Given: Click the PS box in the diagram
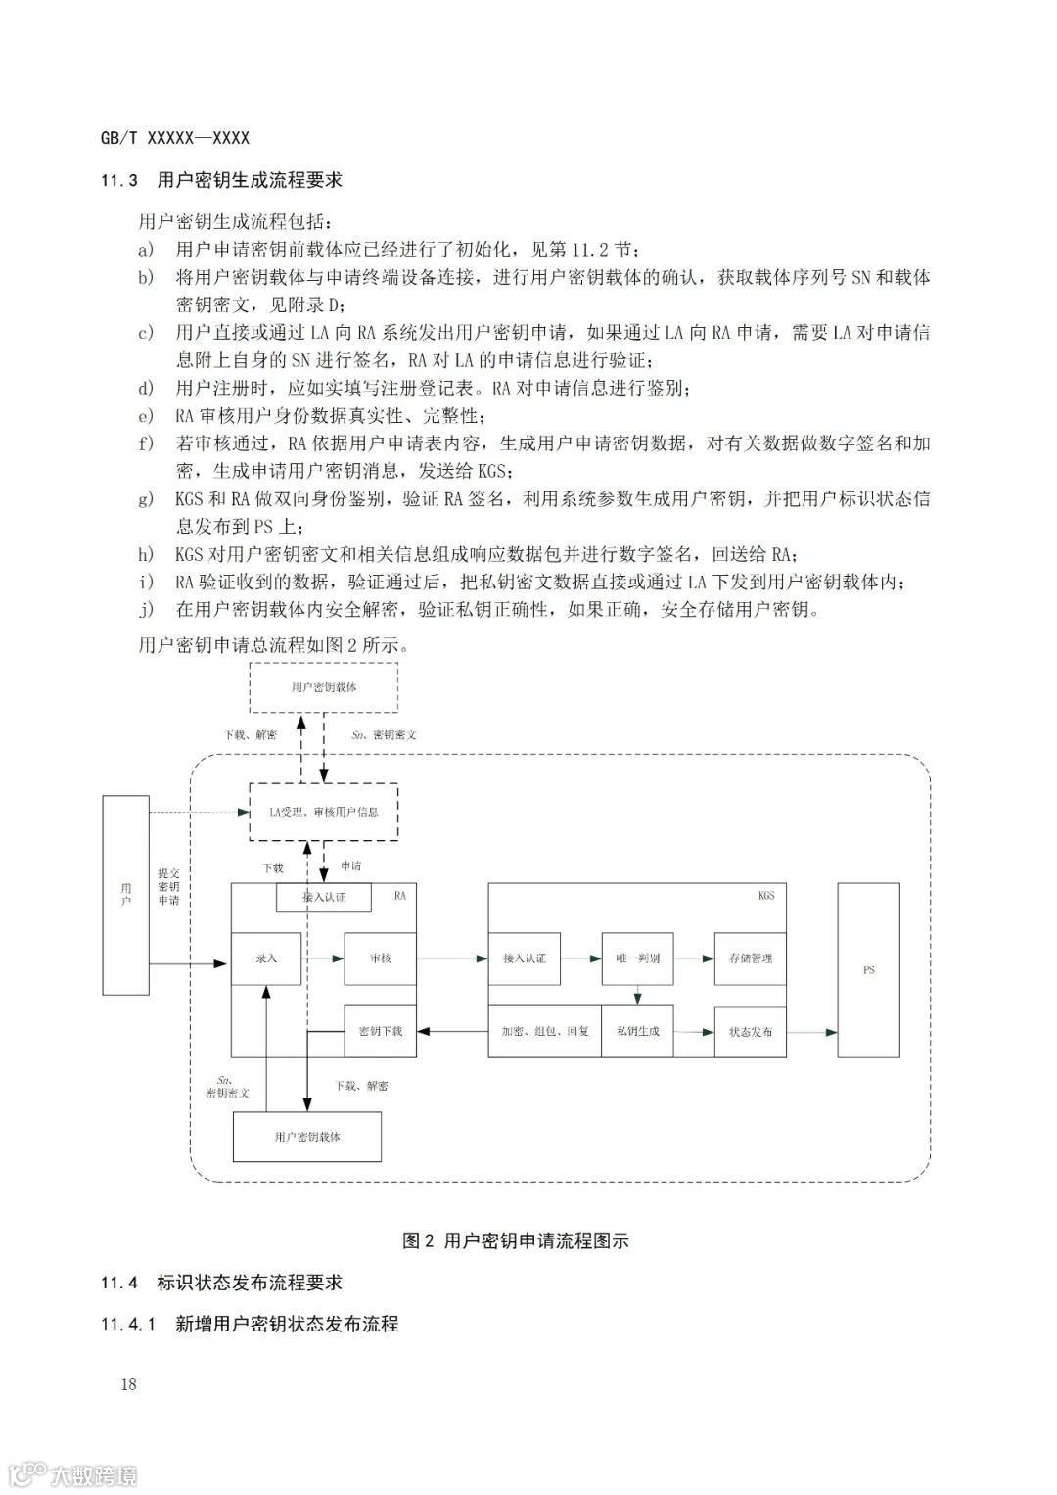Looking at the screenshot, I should click(868, 969).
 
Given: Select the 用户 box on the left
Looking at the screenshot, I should click(126, 895).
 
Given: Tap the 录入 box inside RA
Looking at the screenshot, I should click(266, 958).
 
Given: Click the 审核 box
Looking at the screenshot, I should click(380, 958).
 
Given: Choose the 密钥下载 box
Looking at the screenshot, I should click(380, 1031).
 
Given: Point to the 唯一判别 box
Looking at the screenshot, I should click(637, 958).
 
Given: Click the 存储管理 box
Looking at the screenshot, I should click(751, 958).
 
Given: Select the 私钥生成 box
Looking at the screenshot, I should click(637, 1031).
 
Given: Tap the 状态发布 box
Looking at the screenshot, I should click(751, 1031).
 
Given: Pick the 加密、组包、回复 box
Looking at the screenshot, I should click(545, 1031).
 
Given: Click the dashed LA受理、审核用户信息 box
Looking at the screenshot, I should click(324, 812).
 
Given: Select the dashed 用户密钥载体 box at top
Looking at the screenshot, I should click(324, 687).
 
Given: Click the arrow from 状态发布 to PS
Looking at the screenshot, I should click(812, 1032).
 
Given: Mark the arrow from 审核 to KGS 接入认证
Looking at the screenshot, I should click(452, 958).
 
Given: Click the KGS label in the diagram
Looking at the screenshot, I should click(766, 895).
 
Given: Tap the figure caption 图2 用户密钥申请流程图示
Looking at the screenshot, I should click(516, 1241).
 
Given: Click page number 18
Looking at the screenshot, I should click(128, 1384).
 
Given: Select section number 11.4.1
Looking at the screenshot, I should click(128, 1325).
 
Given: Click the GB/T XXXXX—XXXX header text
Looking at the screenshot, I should click(175, 139).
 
